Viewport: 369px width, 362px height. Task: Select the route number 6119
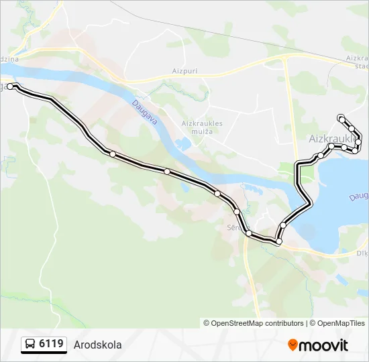[52, 344]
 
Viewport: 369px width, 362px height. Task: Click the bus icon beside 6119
[30, 345]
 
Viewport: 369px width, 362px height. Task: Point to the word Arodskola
[98, 345]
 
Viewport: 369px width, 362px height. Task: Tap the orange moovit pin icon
[293, 345]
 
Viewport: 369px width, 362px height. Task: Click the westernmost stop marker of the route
[10, 86]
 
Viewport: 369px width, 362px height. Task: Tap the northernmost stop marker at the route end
[341, 117]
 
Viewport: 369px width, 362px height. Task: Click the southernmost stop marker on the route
[278, 241]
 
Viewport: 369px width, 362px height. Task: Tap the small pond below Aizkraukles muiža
[181, 144]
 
